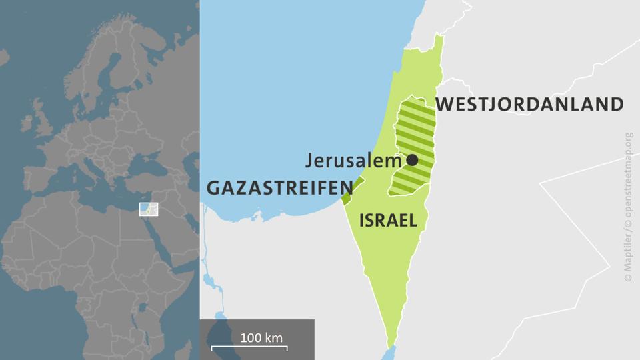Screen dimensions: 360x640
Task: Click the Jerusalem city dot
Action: [412, 160]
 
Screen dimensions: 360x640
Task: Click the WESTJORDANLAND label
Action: [529, 105]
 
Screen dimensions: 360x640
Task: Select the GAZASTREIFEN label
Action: [278, 188]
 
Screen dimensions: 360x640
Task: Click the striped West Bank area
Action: [410, 133]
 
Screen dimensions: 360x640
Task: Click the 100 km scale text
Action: [261, 337]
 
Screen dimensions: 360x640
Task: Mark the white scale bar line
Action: [250, 348]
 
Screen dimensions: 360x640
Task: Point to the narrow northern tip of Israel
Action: [439, 41]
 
